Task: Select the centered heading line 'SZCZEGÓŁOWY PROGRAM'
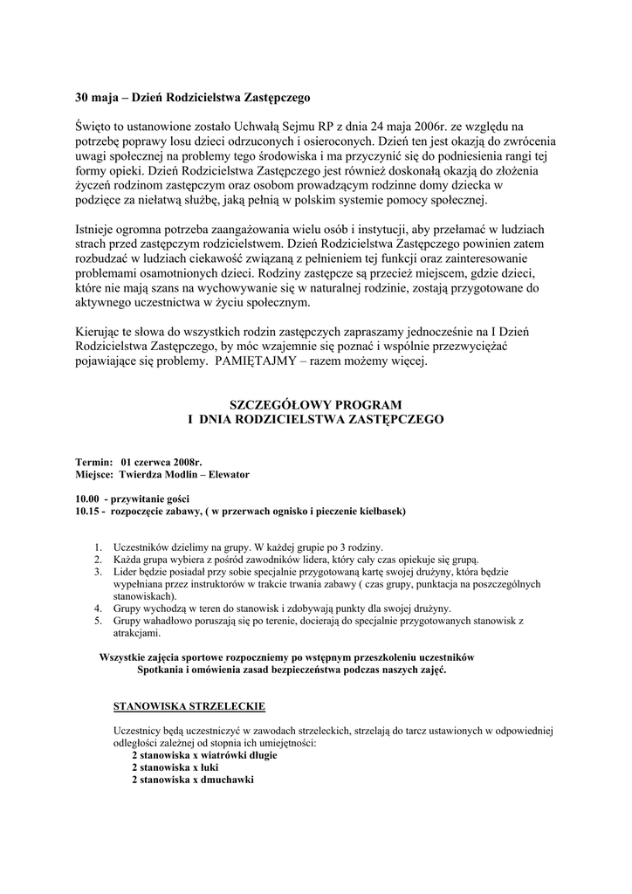pos(315,404)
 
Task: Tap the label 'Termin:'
pos(93,461)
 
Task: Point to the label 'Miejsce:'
pos(94,474)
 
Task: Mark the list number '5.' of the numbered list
pos(98,621)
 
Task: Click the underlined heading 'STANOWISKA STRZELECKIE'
pos(189,705)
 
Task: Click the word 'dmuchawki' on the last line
pos(226,779)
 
